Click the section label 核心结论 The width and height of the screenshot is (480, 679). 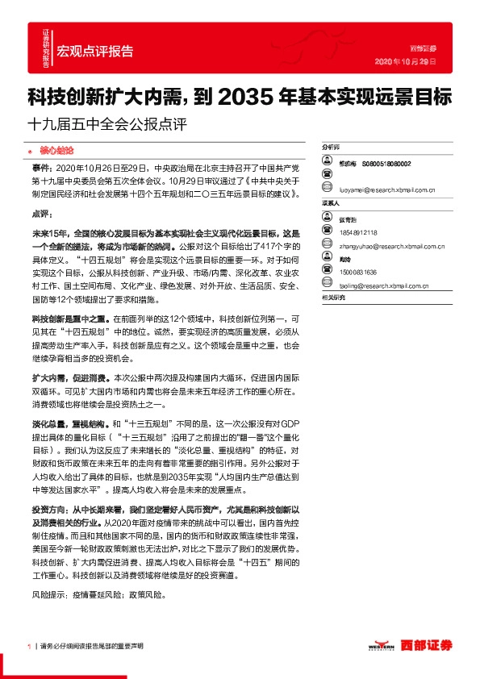56,150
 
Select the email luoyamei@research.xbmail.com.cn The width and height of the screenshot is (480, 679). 387,190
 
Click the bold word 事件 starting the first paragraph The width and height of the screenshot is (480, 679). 41,165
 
